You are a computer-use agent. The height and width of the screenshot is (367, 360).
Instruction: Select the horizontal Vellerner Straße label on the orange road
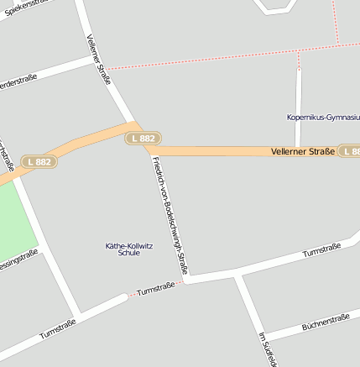303,151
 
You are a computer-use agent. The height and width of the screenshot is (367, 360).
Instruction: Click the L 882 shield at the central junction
143,138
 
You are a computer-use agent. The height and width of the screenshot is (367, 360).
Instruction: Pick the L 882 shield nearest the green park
39,161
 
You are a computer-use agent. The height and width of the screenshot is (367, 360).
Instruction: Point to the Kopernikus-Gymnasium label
323,118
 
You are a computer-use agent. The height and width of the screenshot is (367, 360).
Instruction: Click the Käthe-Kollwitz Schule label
129,249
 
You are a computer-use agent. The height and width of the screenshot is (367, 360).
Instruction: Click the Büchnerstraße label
325,322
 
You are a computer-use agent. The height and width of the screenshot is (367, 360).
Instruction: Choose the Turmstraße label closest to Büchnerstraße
321,250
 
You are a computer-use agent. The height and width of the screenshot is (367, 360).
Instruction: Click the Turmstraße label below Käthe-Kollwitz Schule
156,287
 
